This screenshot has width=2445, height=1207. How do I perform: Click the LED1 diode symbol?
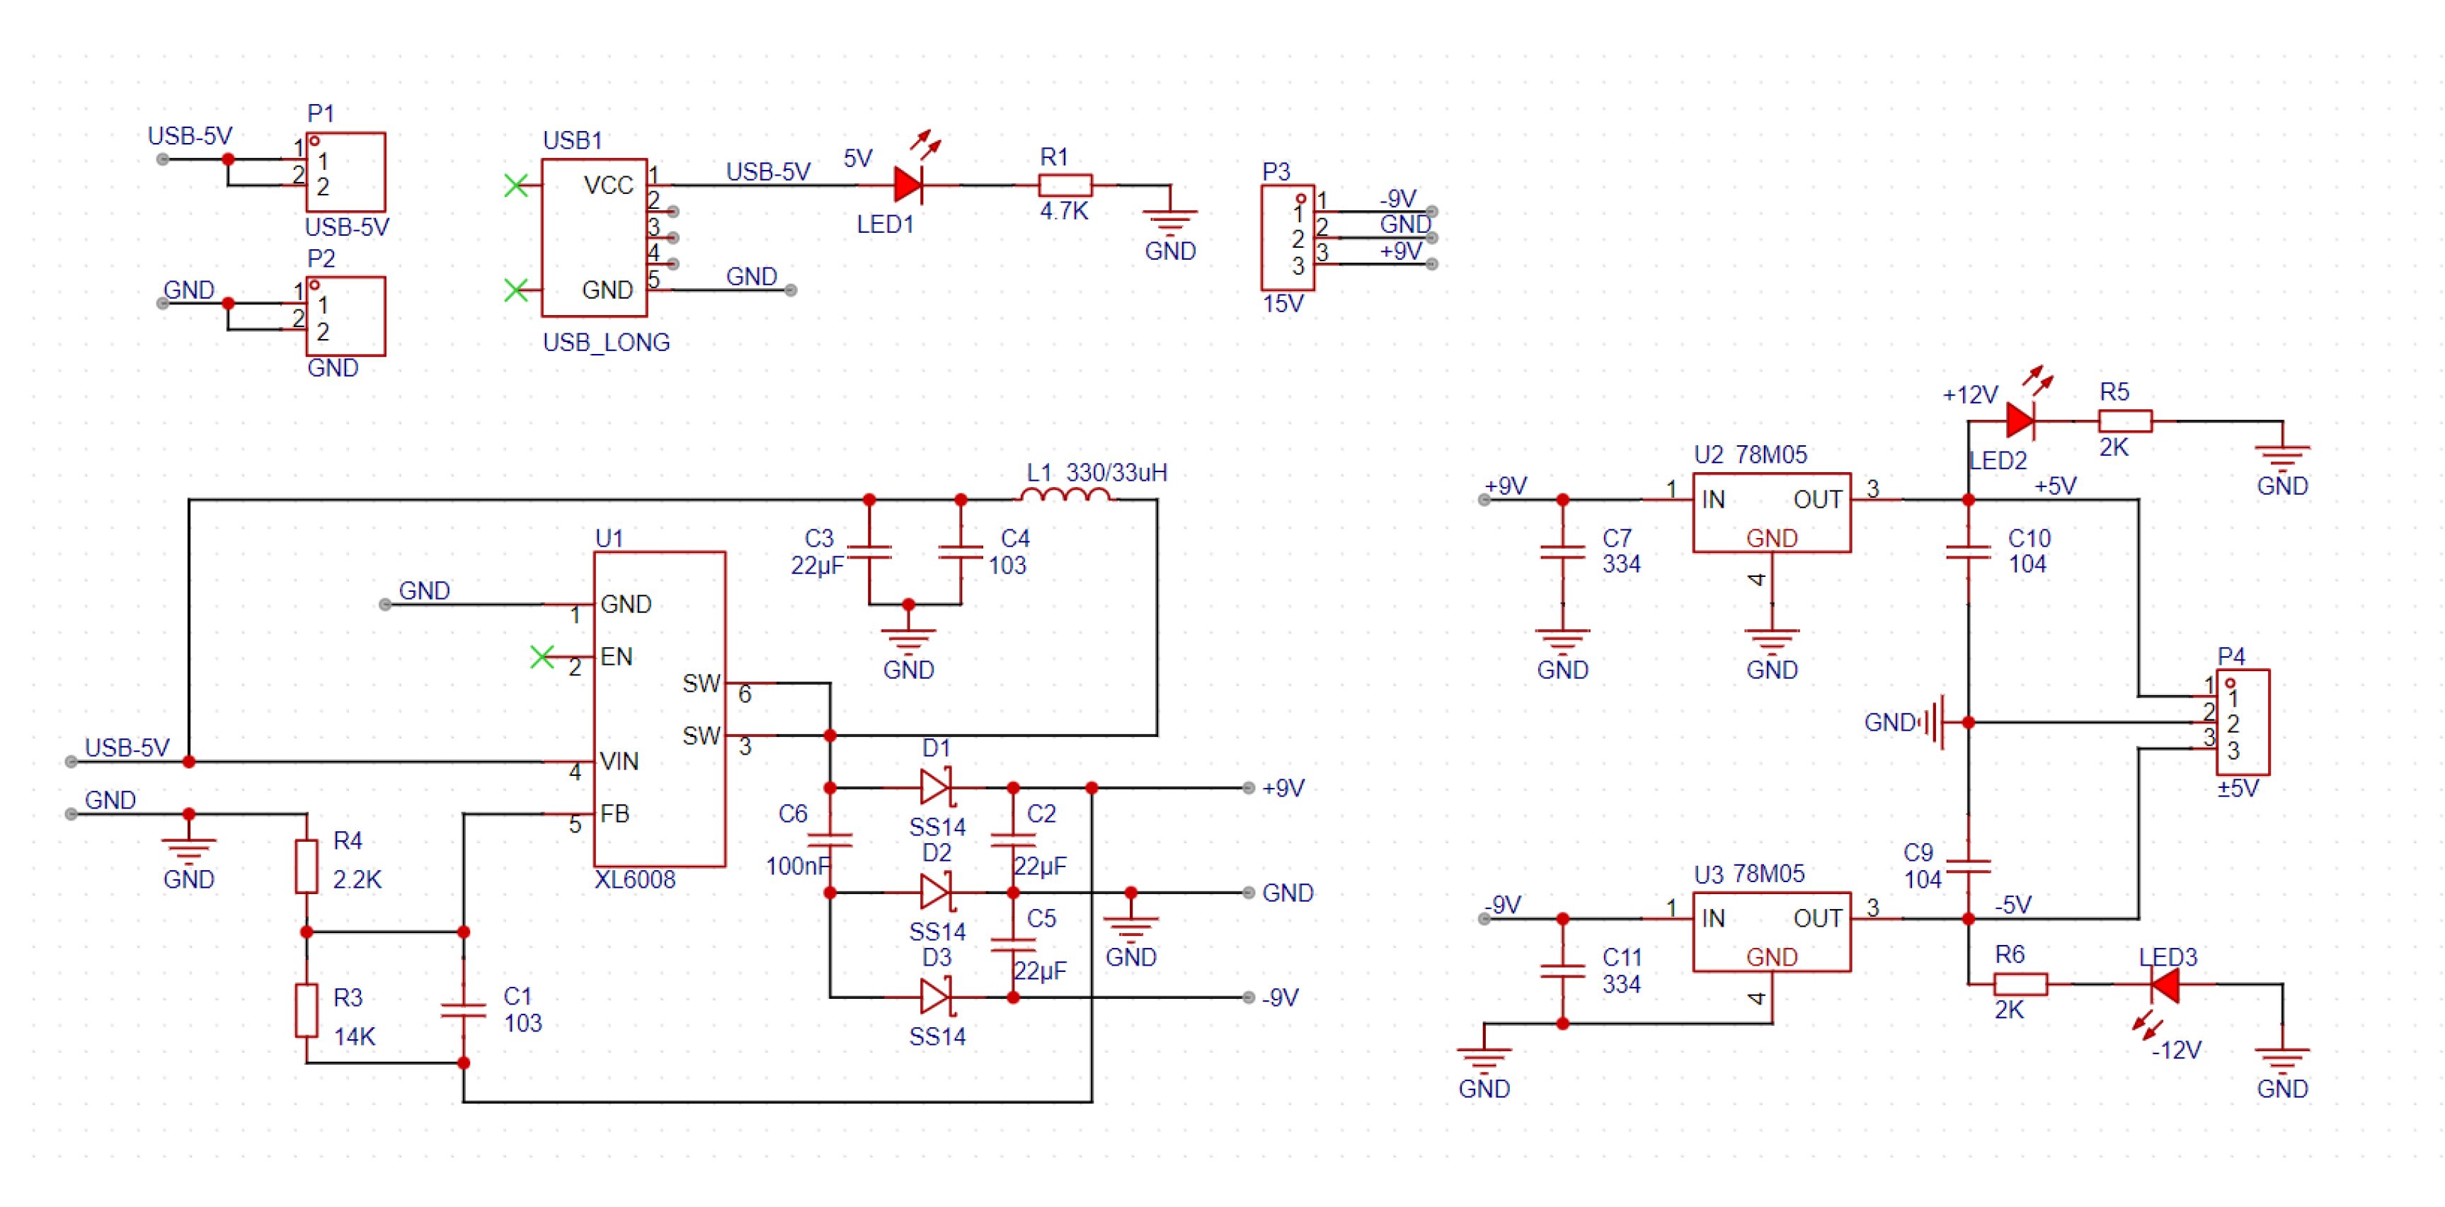click(x=907, y=185)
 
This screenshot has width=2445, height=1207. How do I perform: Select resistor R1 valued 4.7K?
click(x=1065, y=185)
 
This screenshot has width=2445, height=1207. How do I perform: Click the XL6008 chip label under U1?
click(x=634, y=880)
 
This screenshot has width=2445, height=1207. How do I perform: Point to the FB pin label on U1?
click(x=614, y=813)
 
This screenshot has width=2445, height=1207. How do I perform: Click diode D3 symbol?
click(x=935, y=996)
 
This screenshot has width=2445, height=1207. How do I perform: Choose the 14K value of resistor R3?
click(x=354, y=1036)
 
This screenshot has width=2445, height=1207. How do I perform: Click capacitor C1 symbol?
click(x=463, y=1009)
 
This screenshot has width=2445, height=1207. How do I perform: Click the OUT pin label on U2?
click(x=1816, y=499)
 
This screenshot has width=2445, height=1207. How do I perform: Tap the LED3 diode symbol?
click(x=2164, y=985)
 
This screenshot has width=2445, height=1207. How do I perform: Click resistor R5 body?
click(x=2124, y=421)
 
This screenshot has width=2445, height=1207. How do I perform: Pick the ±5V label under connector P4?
click(x=2237, y=788)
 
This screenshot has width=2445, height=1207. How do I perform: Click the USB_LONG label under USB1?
click(x=605, y=342)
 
